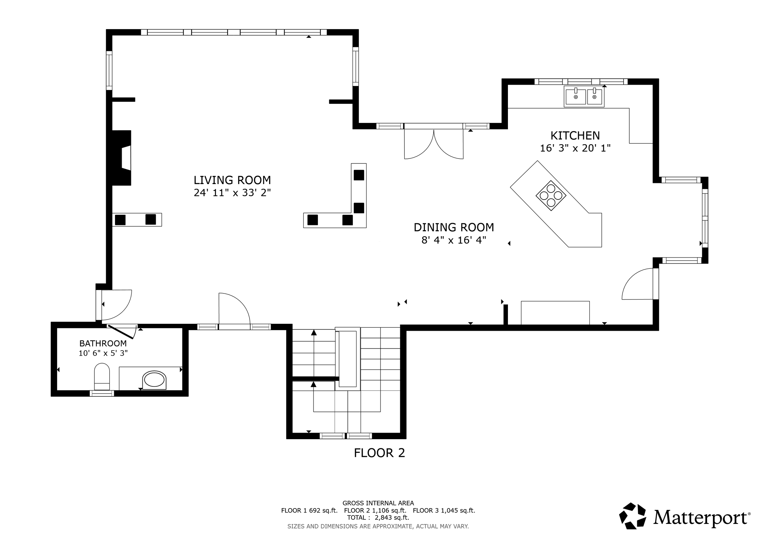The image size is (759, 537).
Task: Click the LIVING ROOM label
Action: [x=232, y=180]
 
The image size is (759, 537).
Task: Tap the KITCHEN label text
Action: [x=575, y=135]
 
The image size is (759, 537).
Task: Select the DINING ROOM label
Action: [x=454, y=227]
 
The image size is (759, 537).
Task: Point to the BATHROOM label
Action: [x=103, y=344]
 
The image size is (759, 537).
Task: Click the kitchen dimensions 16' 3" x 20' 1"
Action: [x=575, y=148]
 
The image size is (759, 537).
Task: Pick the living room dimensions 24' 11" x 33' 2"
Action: [x=232, y=193]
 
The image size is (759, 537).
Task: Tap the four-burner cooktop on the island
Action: [x=551, y=196]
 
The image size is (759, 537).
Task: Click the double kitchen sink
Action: [x=584, y=97]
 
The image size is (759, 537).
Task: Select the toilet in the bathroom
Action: [x=102, y=377]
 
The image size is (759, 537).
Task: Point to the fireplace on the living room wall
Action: [x=122, y=158]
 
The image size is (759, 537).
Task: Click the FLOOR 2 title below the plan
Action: [x=379, y=453]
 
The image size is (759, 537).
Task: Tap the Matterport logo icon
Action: [x=632, y=516]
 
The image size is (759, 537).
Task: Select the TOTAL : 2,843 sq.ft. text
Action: [x=378, y=518]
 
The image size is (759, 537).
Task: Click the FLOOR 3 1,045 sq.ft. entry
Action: [x=444, y=510]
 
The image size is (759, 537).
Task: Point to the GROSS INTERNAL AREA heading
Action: [x=378, y=503]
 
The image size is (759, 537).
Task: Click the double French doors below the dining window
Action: [x=434, y=142]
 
